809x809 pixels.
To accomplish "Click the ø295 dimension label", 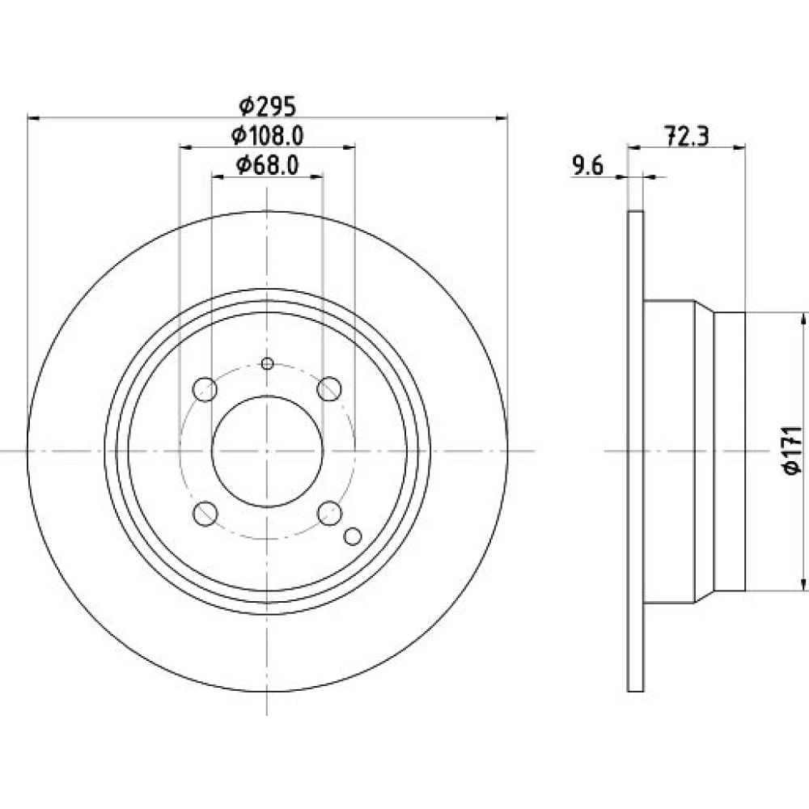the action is pos(267,107).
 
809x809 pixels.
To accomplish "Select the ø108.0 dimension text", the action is pos(267,136).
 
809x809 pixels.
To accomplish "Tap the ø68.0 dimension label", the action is pos(267,166).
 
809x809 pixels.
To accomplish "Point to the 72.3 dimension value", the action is pos(687,137).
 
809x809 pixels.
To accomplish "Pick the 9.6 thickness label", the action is pos(587,166).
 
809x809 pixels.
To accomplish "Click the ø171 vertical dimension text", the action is pos(793,450).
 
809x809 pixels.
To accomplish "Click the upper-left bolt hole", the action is pos(205,389).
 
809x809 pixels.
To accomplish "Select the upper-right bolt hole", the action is pos(329,389).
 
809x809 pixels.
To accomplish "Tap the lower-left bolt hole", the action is pos(205,514).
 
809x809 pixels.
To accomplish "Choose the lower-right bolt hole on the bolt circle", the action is pos(329,514).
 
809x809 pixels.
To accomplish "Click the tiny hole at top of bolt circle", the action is pos(267,364).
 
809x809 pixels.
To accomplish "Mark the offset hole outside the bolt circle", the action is pos(353,536).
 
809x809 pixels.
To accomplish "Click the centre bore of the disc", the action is pos(267,451).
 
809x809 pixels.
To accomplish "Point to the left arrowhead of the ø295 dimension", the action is pos(33,119).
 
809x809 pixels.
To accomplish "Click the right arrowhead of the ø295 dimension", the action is pos(502,119).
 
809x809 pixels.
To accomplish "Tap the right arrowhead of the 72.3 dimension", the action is pos(740,148).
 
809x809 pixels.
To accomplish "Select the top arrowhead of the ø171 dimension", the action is pos(803,319).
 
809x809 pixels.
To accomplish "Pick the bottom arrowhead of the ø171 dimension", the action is pos(803,584).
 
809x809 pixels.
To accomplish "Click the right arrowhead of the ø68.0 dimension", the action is pos(317,177).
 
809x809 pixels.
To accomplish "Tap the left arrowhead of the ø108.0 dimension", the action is pos(186,148).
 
